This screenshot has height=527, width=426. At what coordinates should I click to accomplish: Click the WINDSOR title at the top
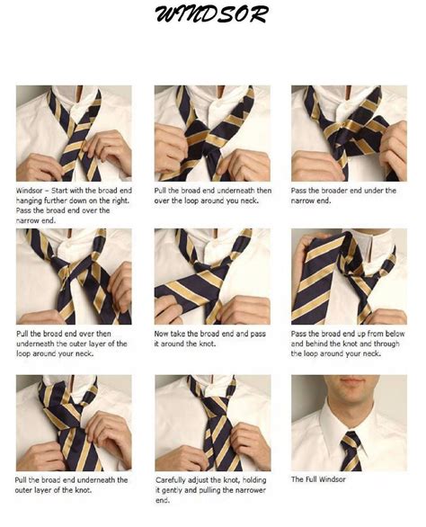click(212, 14)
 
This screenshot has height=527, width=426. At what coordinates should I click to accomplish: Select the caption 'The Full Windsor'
click(318, 479)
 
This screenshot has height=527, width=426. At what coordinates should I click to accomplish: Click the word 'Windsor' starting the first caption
click(30, 191)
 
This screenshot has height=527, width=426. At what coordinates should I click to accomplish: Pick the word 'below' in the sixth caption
click(395, 334)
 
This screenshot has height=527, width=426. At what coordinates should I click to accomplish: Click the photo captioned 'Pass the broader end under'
click(349, 133)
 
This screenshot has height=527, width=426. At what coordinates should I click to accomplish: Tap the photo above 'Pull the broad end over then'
click(74, 276)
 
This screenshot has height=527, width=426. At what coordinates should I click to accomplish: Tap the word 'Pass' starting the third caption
click(298, 191)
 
